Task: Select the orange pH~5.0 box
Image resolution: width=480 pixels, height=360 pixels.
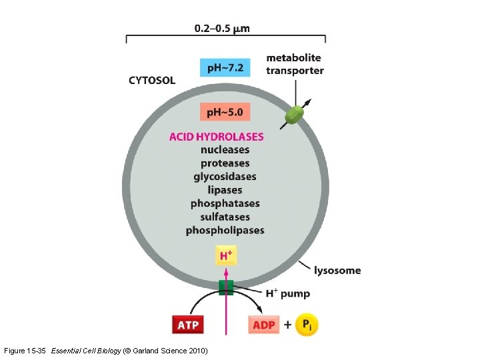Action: pyautogui.click(x=225, y=113)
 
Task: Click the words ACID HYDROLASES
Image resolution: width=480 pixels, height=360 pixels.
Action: pyautogui.click(x=216, y=137)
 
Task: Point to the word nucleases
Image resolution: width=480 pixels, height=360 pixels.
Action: pyautogui.click(x=225, y=150)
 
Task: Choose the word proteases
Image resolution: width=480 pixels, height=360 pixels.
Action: pyautogui.click(x=225, y=163)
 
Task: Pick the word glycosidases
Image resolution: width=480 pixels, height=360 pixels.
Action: pyautogui.click(x=225, y=177)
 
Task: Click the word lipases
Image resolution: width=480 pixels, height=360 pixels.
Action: pyautogui.click(x=225, y=190)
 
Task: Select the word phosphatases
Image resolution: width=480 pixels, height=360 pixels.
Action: pyautogui.click(x=225, y=203)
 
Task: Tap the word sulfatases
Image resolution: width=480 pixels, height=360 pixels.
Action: pyautogui.click(x=225, y=217)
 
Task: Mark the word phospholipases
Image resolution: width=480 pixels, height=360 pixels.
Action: pyautogui.click(x=225, y=230)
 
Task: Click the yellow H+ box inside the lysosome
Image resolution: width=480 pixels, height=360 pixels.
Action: pyautogui.click(x=225, y=255)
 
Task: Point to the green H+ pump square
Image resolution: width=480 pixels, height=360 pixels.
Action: pyautogui.click(x=226, y=287)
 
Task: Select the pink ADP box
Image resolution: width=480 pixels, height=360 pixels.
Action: pyautogui.click(x=264, y=325)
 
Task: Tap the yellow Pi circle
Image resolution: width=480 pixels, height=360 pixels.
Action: pyautogui.click(x=306, y=325)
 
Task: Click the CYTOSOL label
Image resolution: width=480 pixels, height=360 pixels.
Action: pyautogui.click(x=152, y=81)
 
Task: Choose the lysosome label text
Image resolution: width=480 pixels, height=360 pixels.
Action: pyautogui.click(x=338, y=270)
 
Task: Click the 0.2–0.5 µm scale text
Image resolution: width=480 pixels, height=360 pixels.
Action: pyautogui.click(x=222, y=29)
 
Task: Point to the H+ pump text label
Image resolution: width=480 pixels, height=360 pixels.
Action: pyautogui.click(x=288, y=293)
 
